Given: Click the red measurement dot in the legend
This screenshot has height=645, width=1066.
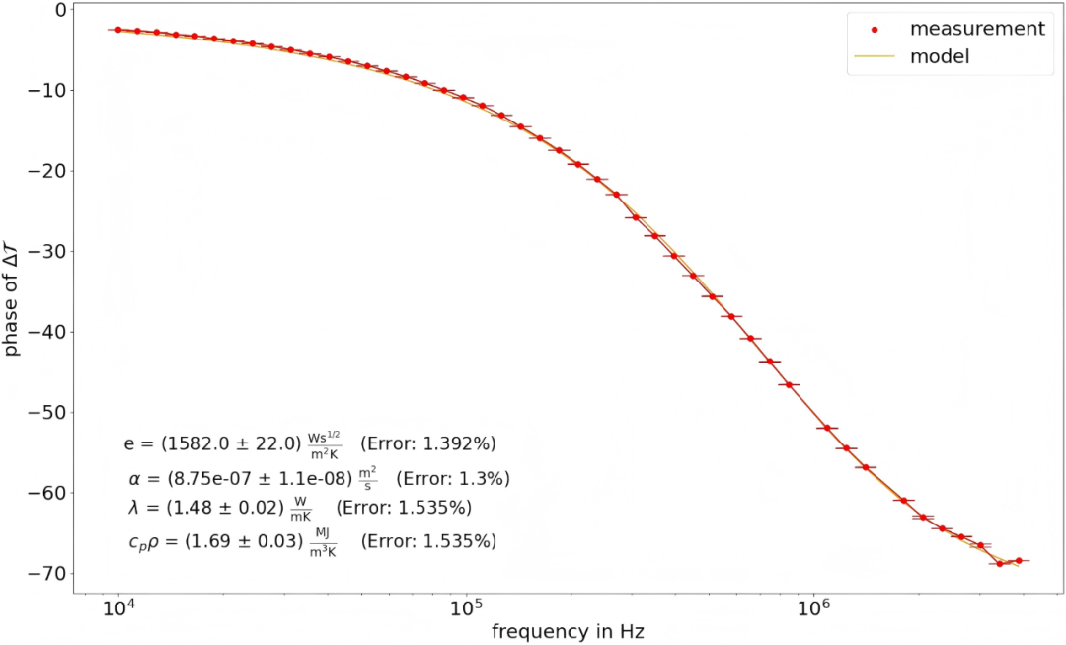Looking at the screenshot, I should click(875, 29).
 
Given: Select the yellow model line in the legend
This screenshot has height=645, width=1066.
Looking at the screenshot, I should click(874, 57).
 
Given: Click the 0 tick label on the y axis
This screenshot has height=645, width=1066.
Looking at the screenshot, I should click(60, 10).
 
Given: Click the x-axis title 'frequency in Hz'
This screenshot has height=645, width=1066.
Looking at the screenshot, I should click(568, 630).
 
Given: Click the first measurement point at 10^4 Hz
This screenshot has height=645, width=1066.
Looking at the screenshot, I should click(118, 30).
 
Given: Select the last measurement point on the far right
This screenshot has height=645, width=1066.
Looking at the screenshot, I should click(1019, 561).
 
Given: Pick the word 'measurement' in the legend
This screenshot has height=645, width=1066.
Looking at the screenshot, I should click(977, 29).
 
